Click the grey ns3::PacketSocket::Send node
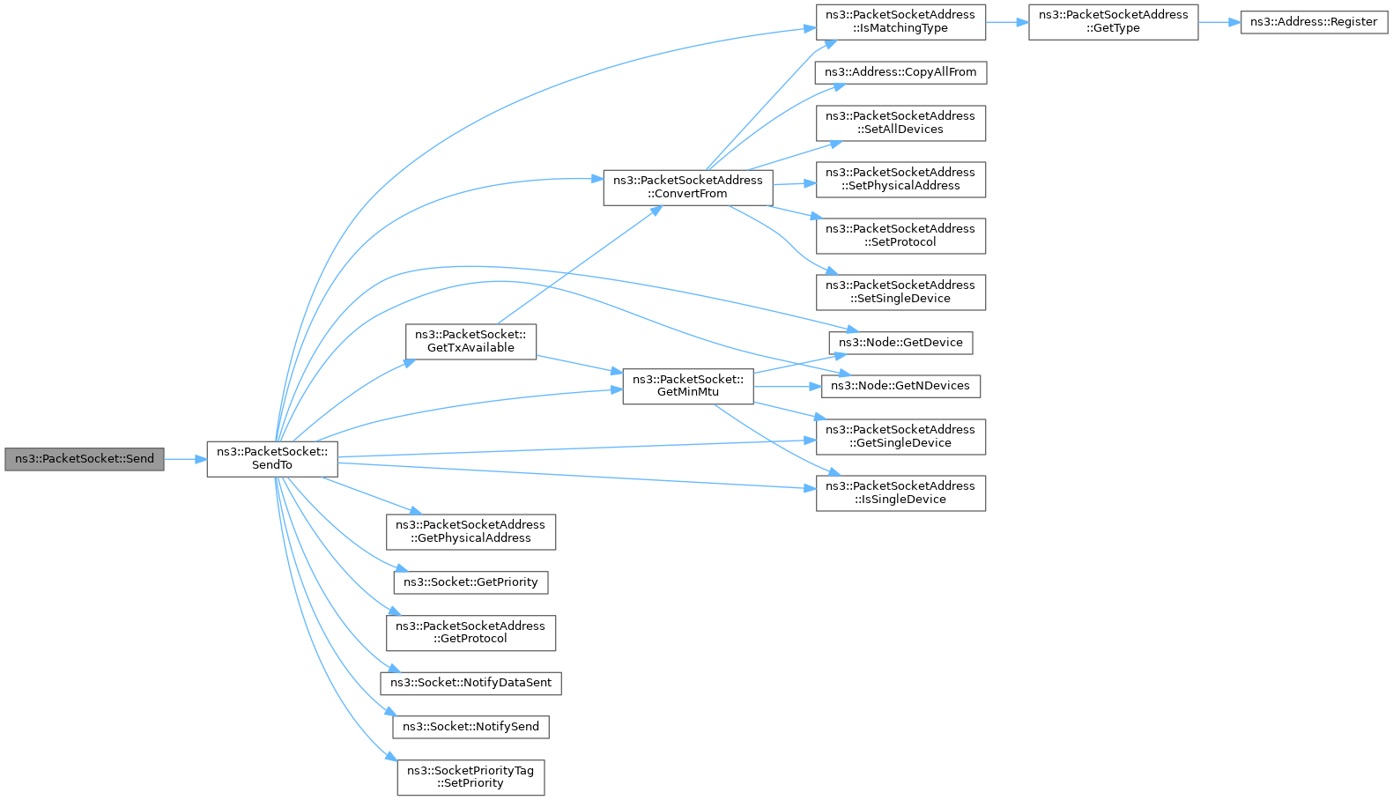click(x=85, y=460)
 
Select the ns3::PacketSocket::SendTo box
click(x=272, y=460)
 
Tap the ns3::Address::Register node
click(x=1314, y=22)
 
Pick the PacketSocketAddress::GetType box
click(x=1113, y=22)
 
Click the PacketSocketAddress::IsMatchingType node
click(x=900, y=22)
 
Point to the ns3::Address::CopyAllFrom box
click(x=900, y=73)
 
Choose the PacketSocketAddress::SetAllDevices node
click(x=900, y=123)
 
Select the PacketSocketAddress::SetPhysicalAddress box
click(x=900, y=180)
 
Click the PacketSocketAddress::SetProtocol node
click(x=900, y=236)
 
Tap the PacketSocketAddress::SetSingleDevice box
click(x=900, y=293)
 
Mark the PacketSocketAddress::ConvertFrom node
click(x=688, y=188)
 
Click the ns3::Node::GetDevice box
click(x=900, y=343)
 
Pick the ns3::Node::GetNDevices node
click(x=900, y=386)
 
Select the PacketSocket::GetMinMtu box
click(x=688, y=386)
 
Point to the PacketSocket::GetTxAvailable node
click(x=471, y=342)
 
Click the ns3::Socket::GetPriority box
click(x=471, y=582)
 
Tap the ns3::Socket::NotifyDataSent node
click(x=471, y=683)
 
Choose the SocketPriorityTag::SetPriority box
click(x=471, y=777)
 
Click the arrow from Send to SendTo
click(x=185, y=460)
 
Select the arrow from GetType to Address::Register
click(x=1219, y=22)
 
